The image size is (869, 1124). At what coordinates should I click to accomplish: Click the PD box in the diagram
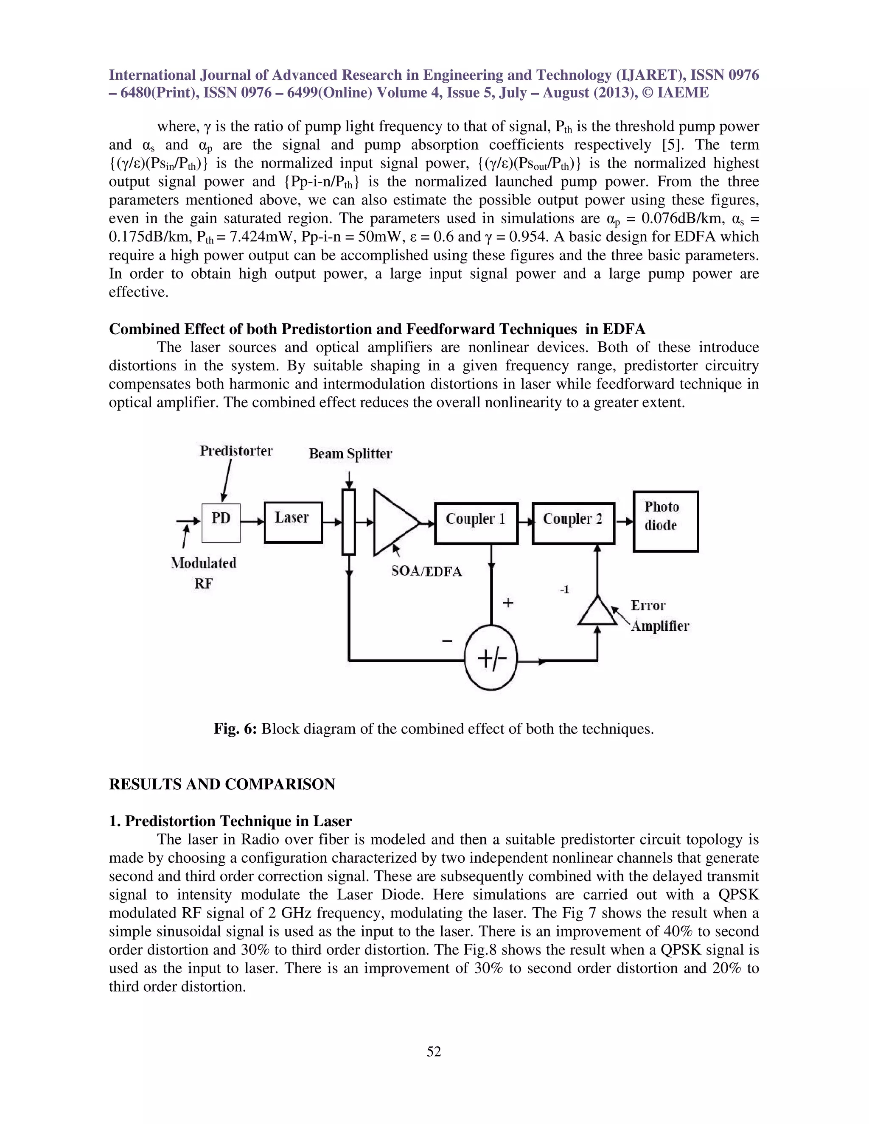tap(221, 523)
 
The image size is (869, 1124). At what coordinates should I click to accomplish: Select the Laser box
tap(293, 523)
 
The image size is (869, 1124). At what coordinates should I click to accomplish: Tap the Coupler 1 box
tap(476, 523)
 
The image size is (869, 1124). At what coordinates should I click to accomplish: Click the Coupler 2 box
tap(573, 523)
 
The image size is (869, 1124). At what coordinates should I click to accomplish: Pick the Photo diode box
tap(665, 521)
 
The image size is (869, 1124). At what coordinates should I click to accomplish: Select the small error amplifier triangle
tap(597, 612)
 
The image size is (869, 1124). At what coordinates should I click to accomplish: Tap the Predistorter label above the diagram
tap(236, 451)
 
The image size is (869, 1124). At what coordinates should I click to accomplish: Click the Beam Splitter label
tap(350, 453)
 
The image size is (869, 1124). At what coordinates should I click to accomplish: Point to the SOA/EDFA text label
tap(426, 571)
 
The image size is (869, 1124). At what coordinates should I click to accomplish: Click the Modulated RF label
tap(204, 573)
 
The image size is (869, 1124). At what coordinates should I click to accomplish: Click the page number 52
tap(434, 1051)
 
